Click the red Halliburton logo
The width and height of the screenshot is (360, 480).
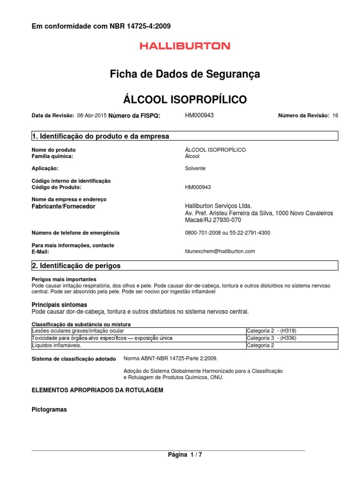click(x=185, y=46)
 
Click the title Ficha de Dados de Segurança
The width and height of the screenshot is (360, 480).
click(x=185, y=74)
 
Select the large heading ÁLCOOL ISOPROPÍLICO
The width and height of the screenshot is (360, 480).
click(x=185, y=99)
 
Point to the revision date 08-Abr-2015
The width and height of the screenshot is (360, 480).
click(x=91, y=115)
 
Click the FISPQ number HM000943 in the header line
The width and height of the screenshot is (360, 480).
click(x=200, y=115)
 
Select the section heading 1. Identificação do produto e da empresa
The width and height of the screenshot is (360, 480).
click(x=100, y=136)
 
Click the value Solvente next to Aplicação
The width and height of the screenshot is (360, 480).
click(x=195, y=168)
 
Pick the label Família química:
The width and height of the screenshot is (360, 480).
click(x=52, y=156)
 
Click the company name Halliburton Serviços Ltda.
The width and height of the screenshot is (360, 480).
click(x=218, y=206)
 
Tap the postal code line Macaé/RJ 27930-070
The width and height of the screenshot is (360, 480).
click(x=213, y=220)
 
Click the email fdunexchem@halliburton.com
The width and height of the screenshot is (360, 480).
click(x=220, y=251)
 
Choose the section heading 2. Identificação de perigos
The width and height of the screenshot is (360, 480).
click(x=76, y=266)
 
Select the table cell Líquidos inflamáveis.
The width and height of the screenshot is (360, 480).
click(x=56, y=345)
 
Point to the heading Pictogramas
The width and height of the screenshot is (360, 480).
click(x=49, y=410)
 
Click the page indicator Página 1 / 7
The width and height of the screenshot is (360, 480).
click(x=185, y=455)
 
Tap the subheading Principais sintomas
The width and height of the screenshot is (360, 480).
click(x=59, y=305)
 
